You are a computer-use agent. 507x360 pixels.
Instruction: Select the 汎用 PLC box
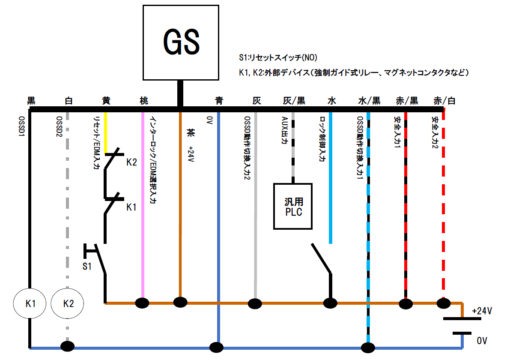293,206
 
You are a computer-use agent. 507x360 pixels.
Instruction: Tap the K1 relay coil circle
30,303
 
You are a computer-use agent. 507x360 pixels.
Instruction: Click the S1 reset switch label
87,266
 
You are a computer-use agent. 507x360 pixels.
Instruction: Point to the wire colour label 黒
31,101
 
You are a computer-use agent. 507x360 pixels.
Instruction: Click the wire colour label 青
219,101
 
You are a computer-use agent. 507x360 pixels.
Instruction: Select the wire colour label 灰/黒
294,101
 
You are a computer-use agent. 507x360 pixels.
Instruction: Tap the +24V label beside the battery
481,311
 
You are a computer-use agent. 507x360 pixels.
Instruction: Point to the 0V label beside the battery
482,341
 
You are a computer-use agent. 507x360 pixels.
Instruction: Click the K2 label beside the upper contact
131,163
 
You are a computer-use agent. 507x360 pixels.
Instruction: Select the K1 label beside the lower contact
131,207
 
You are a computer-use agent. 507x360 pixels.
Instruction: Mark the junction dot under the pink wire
142,303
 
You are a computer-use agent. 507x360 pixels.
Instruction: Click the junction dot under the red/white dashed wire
443,303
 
